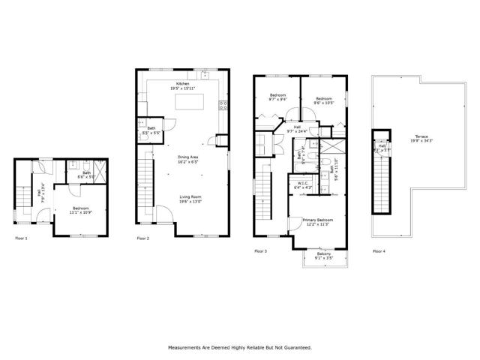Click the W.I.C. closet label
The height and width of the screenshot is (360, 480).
[x=304, y=184]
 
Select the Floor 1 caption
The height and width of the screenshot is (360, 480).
[x=21, y=238]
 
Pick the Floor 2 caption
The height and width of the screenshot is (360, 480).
[x=142, y=238]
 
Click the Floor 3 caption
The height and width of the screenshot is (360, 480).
[x=260, y=250]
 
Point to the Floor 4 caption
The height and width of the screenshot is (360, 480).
[x=379, y=250]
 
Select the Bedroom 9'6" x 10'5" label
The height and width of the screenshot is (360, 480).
[x=324, y=100]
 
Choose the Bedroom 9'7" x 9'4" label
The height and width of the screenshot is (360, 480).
[x=277, y=97]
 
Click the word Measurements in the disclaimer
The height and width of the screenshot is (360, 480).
[x=187, y=348]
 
